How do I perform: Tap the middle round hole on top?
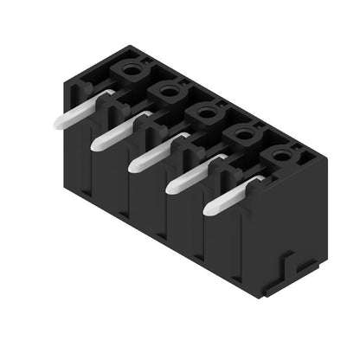coord(206,109)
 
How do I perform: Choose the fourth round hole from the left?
coord(243,131)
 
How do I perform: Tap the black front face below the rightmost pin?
coord(227,247)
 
